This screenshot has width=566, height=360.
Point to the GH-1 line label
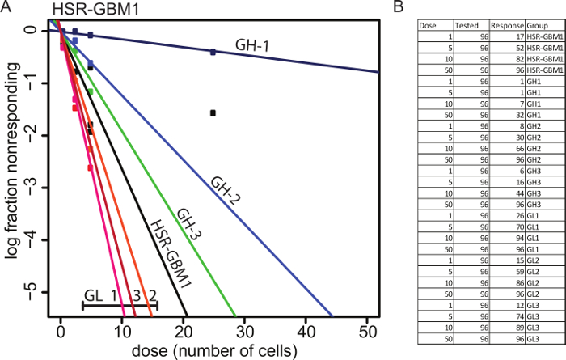[252, 47]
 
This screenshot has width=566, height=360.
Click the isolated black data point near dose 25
[213, 113]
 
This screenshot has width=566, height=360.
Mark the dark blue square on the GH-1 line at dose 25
[213, 52]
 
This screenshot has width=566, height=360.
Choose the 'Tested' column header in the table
[468, 25]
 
